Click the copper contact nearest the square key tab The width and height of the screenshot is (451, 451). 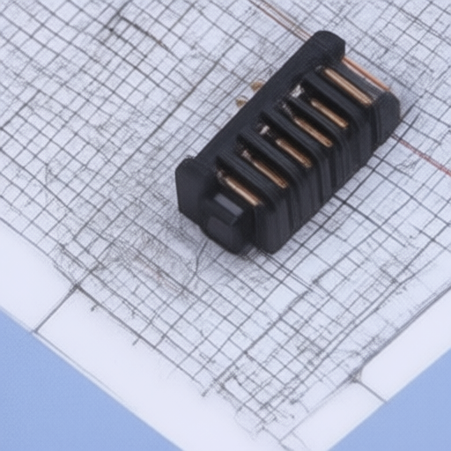(239, 189)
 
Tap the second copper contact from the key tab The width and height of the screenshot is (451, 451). (265, 170)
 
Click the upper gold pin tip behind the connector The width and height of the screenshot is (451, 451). (256, 85)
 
